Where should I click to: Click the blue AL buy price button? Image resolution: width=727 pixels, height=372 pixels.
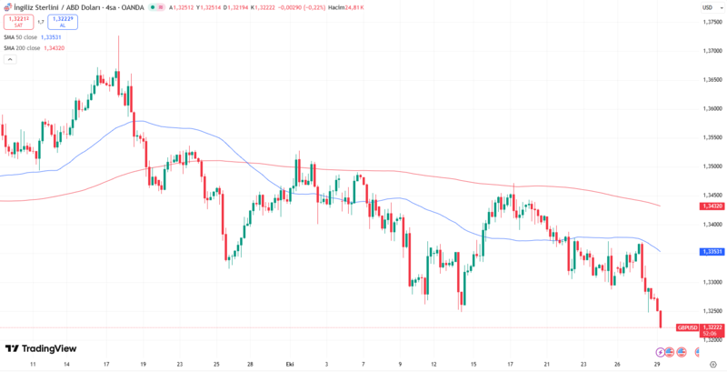coord(63,21)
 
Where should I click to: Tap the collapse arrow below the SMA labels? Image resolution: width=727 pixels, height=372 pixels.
coord(10,59)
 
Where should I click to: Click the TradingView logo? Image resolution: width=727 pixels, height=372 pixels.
coord(41,348)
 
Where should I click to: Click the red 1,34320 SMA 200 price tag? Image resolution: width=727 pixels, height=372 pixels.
coord(712,206)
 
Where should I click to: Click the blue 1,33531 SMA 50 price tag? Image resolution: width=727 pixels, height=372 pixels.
coord(712,251)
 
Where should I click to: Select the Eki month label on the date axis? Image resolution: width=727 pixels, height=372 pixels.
coord(290,363)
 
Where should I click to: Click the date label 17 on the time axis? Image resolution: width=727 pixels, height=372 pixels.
coord(106,363)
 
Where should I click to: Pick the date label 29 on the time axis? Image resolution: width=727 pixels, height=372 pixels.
coord(656,363)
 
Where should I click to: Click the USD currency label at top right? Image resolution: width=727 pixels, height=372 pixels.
coord(706,7)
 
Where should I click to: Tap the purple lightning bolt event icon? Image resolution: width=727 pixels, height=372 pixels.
coord(660,351)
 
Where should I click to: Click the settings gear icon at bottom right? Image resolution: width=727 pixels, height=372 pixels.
coord(712,363)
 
